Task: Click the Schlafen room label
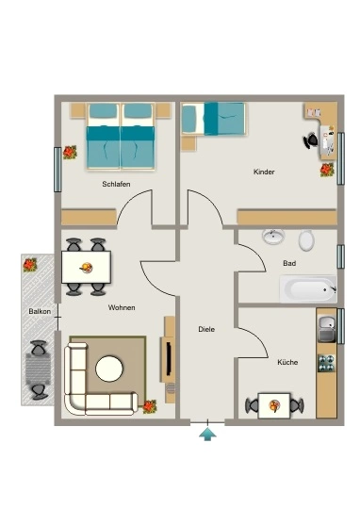click(116, 184)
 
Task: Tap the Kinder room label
click(264, 172)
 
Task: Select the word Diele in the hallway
click(206, 329)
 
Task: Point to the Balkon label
click(40, 311)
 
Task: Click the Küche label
click(287, 362)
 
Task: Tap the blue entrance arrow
click(207, 434)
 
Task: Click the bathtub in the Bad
click(308, 289)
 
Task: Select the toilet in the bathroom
click(306, 240)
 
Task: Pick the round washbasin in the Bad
click(273, 237)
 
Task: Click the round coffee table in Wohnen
click(109, 369)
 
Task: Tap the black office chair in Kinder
click(311, 140)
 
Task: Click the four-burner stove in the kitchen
click(326, 363)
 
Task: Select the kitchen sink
click(327, 329)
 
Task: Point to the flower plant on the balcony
click(30, 265)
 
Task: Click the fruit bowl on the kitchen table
click(274, 405)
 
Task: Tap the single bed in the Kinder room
click(213, 119)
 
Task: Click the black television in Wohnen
click(169, 359)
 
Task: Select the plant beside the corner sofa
click(150, 406)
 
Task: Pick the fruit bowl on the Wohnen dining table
click(87, 268)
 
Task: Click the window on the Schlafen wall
click(57, 170)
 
